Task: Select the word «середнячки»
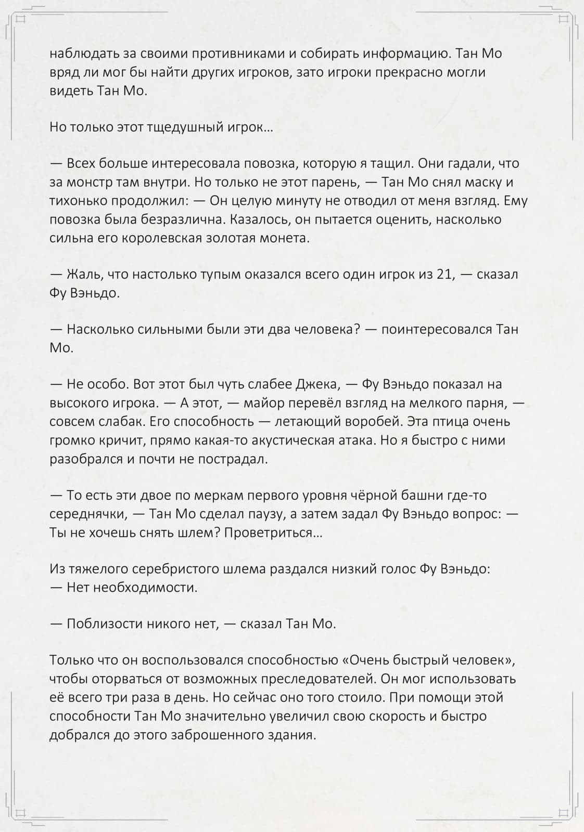87,514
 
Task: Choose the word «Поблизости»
105,624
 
